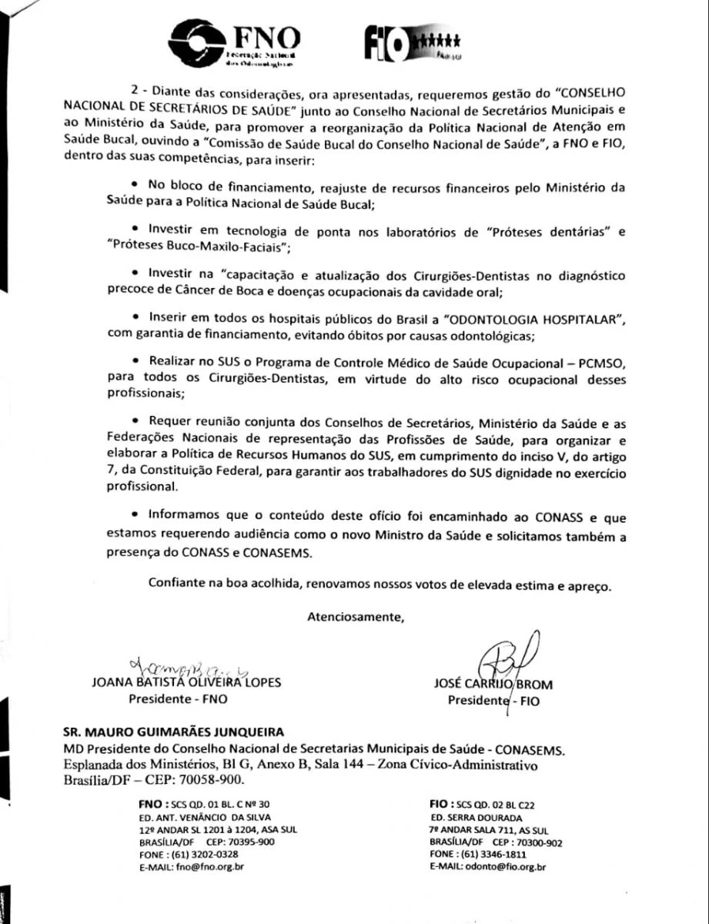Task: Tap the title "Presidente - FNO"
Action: pyautogui.click(x=178, y=699)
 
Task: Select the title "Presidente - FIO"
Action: pyautogui.click(x=493, y=701)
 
